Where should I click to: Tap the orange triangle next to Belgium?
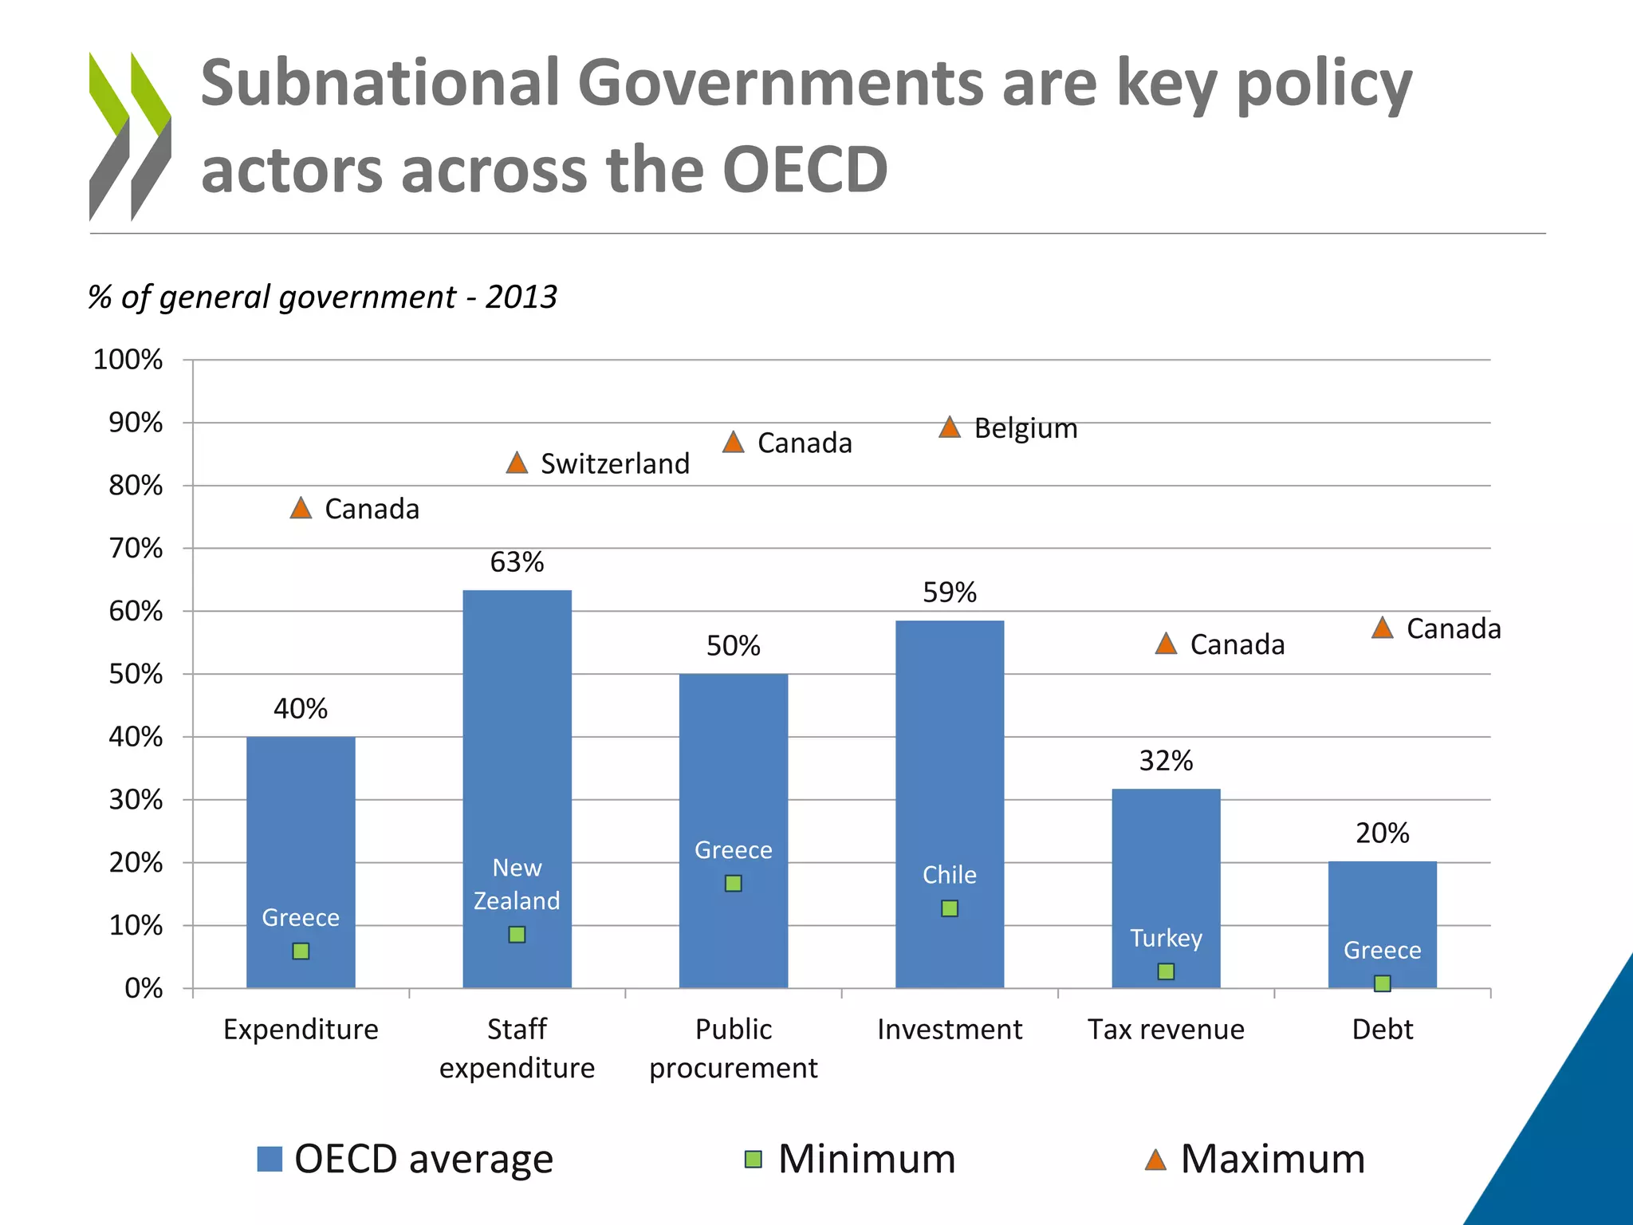(x=949, y=427)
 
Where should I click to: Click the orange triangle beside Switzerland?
(x=517, y=463)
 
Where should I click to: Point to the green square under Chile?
(x=949, y=908)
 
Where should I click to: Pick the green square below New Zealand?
(x=517, y=934)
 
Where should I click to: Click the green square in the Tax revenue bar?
(x=1166, y=971)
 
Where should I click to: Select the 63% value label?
(x=517, y=562)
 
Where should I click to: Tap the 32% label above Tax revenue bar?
(x=1166, y=761)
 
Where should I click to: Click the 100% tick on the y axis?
(x=128, y=360)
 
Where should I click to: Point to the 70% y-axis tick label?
(x=136, y=549)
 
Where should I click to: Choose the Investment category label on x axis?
(x=949, y=1030)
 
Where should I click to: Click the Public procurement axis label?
(x=733, y=1048)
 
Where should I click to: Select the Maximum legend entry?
(x=1255, y=1159)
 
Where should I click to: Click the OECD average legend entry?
(x=405, y=1159)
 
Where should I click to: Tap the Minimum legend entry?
(x=850, y=1159)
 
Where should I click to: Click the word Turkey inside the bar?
(x=1166, y=938)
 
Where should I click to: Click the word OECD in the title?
(x=805, y=170)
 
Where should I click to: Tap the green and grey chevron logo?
(x=130, y=136)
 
